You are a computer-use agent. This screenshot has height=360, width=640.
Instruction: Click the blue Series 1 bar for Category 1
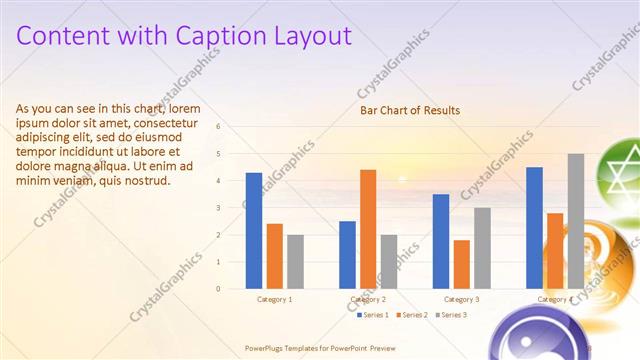pyautogui.click(x=254, y=231)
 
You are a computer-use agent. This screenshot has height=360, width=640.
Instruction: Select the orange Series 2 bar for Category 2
pyautogui.click(x=368, y=229)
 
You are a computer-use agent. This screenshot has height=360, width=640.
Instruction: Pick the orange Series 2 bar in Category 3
pyautogui.click(x=461, y=264)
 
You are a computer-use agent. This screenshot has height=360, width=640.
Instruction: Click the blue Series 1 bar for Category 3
pyautogui.click(x=441, y=241)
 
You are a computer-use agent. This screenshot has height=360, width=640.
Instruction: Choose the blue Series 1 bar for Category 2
pyautogui.click(x=347, y=255)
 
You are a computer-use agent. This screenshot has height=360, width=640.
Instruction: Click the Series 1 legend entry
pyautogui.click(x=374, y=315)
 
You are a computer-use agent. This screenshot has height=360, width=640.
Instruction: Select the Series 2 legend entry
pyautogui.click(x=412, y=315)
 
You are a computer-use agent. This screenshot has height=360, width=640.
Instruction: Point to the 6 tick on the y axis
pyautogui.click(x=231, y=127)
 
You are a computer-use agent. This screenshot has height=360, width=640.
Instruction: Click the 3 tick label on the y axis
pyautogui.click(x=231, y=208)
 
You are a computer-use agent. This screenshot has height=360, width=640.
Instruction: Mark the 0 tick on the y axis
pyautogui.click(x=231, y=289)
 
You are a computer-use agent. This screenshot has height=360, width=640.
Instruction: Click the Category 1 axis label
pyautogui.click(x=274, y=299)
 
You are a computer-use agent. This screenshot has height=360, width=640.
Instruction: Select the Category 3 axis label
pyautogui.click(x=461, y=299)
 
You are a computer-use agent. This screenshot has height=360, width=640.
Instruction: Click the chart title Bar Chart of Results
pyautogui.click(x=410, y=111)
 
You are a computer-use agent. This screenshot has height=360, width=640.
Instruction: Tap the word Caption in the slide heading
pyautogui.click(x=214, y=36)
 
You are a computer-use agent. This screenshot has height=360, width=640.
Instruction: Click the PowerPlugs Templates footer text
pyautogui.click(x=321, y=347)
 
